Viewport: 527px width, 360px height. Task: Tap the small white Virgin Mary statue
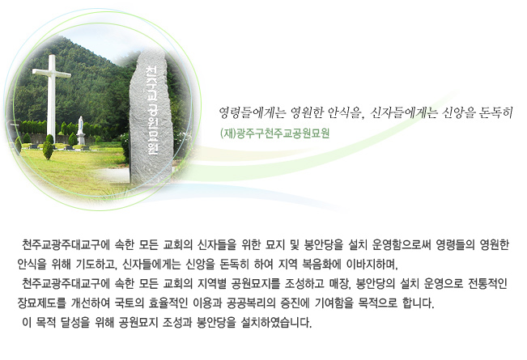(x=81, y=130)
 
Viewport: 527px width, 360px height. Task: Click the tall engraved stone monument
(x=151, y=117)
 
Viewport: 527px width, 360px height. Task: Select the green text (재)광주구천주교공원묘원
(x=274, y=133)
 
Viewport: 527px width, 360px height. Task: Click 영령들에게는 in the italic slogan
(x=252, y=112)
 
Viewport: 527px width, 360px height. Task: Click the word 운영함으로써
(x=402, y=245)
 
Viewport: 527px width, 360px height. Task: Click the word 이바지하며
(x=372, y=265)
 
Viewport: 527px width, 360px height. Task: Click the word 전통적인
(x=487, y=284)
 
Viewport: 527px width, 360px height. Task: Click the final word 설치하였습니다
(x=276, y=323)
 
